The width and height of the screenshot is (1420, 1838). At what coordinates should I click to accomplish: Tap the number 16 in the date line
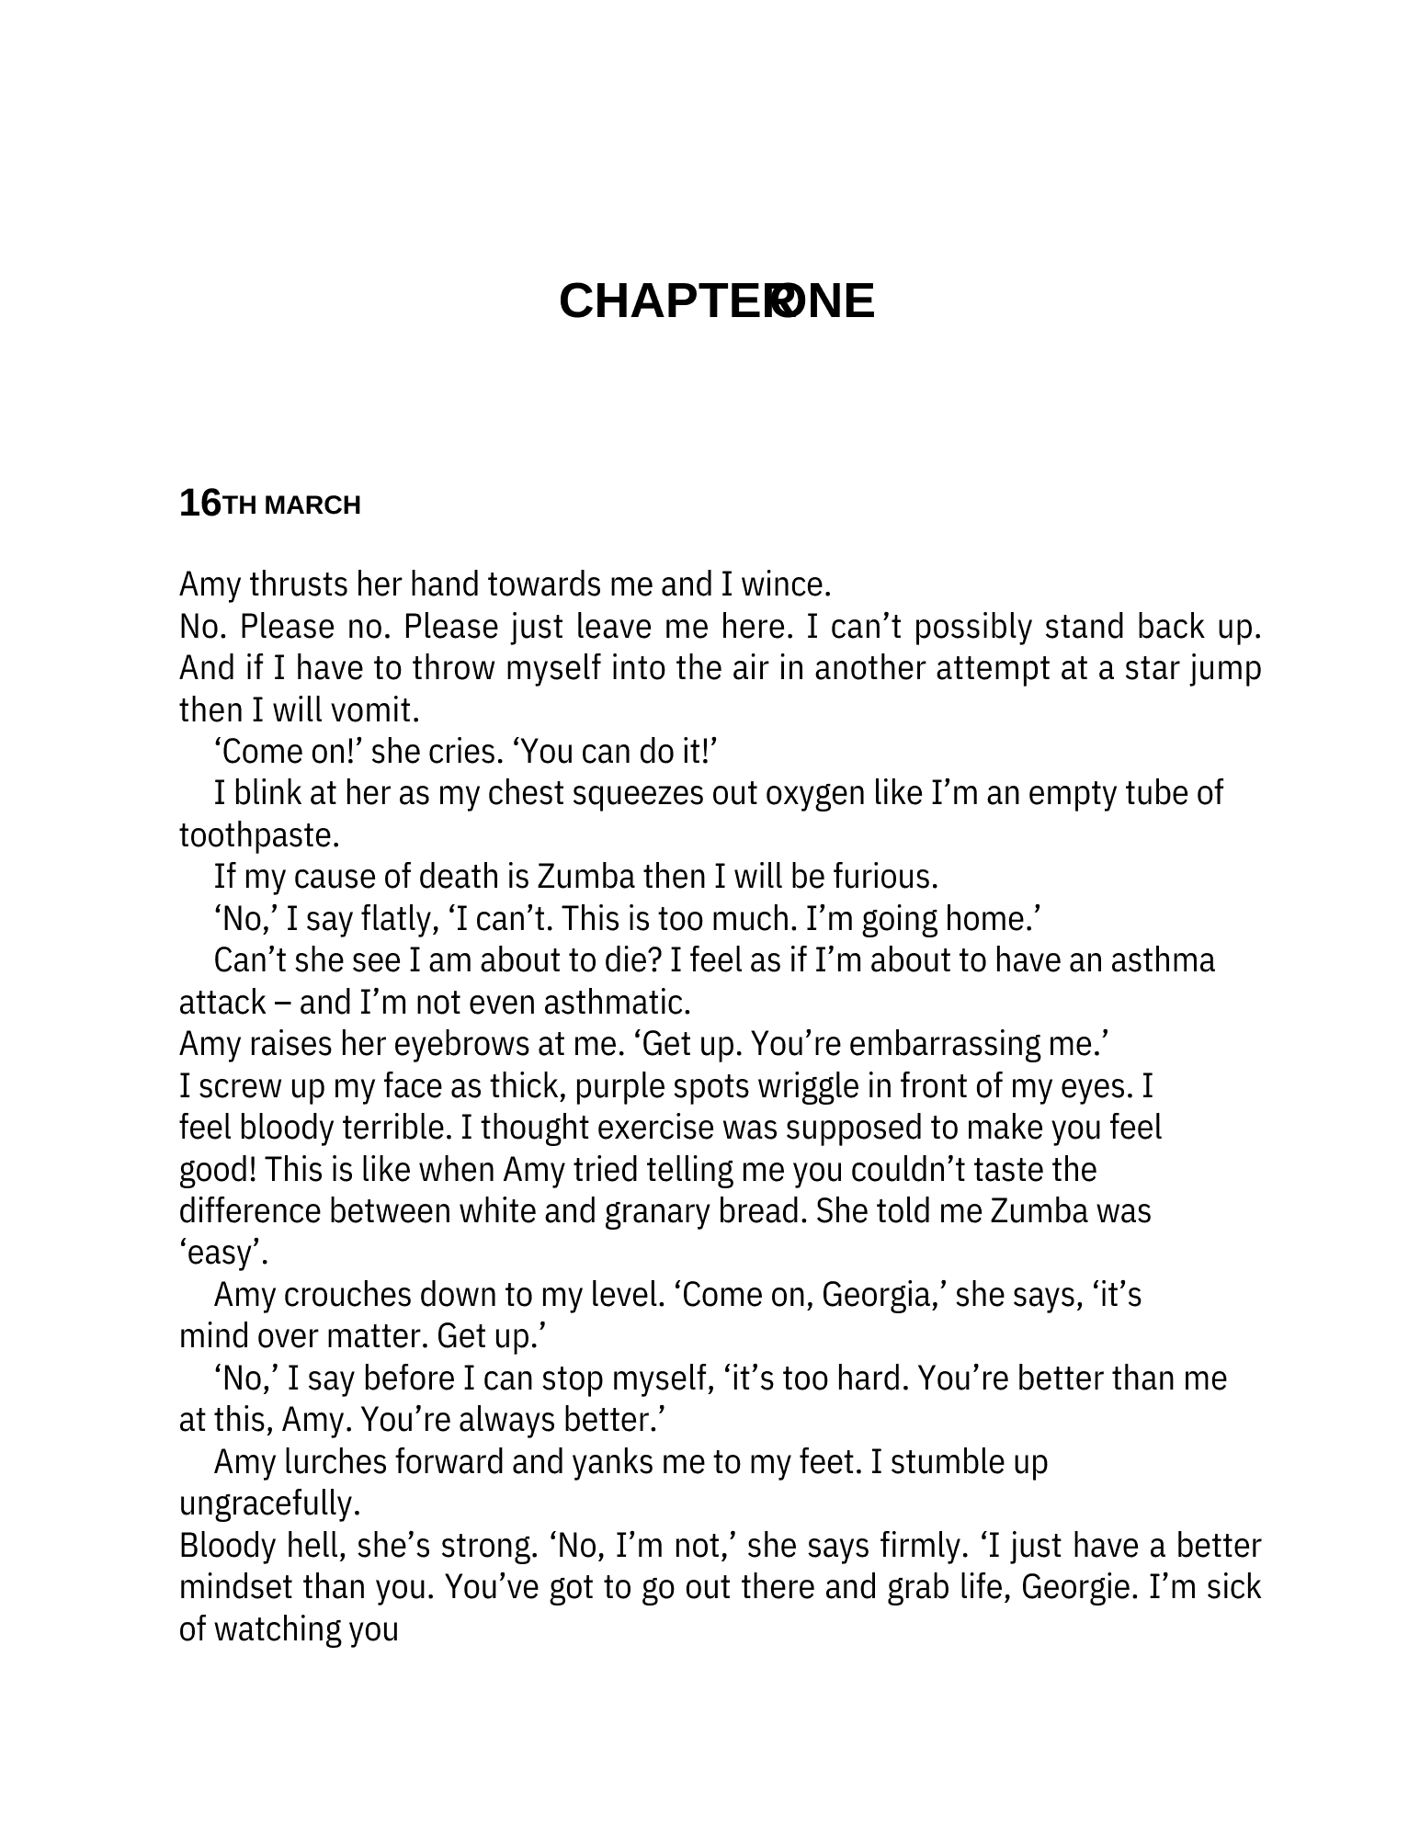point(199,504)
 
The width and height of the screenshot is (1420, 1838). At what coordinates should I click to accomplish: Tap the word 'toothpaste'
point(258,835)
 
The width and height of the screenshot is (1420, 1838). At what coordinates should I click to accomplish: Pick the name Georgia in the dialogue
point(880,1295)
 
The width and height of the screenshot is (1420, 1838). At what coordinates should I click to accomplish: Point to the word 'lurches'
point(333,1462)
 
